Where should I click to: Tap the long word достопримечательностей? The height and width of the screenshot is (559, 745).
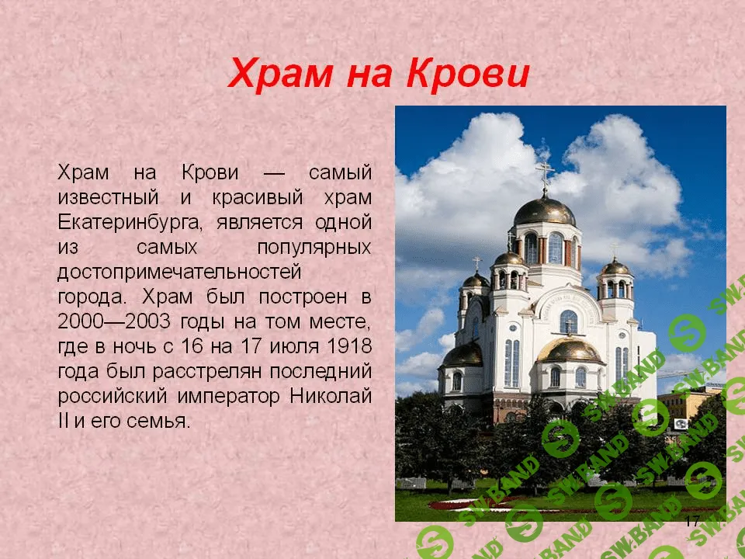click(x=178, y=272)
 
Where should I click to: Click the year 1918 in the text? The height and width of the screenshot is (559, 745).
click(x=350, y=346)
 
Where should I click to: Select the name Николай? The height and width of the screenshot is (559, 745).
click(x=331, y=396)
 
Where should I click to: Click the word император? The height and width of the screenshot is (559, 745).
click(x=227, y=396)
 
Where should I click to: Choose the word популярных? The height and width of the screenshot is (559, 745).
click(x=313, y=247)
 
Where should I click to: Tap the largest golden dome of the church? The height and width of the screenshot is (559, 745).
click(x=545, y=210)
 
